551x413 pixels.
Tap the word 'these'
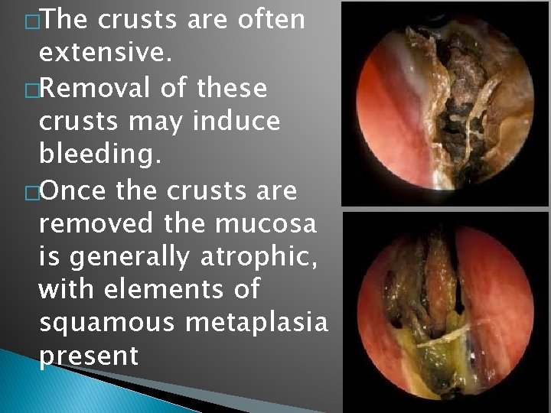coord(230,89)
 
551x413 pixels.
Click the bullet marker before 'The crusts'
coord(30,20)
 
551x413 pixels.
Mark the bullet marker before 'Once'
coord(30,192)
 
